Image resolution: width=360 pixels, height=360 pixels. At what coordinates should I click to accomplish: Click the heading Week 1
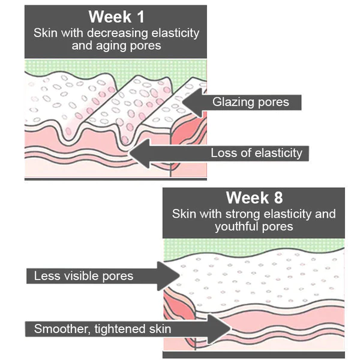(x=116, y=17)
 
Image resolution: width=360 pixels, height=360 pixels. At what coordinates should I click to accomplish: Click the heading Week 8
(x=254, y=197)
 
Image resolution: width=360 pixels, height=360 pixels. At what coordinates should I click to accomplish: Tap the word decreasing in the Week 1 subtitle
(x=118, y=33)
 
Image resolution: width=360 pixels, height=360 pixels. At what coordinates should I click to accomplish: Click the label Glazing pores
(x=250, y=102)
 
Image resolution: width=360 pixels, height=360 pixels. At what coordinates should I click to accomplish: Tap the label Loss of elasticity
(x=256, y=153)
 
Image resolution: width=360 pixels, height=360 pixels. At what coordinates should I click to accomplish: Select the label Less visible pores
(x=83, y=276)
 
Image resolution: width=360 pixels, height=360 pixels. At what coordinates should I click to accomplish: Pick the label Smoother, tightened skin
(x=103, y=329)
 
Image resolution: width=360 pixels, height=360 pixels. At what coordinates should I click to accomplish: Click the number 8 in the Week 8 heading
(x=278, y=197)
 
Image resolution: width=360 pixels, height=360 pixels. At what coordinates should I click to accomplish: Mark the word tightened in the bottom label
(x=121, y=329)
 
